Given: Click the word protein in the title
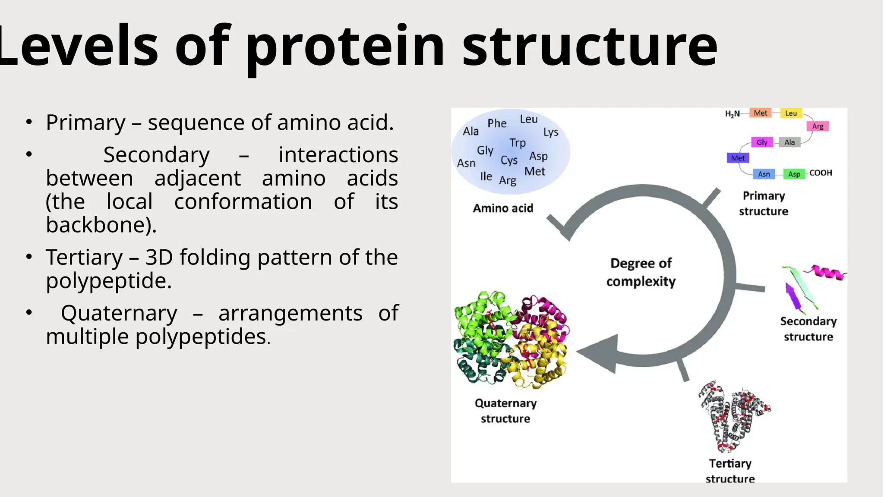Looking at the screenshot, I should point(345,47).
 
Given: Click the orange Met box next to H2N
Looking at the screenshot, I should point(760,113).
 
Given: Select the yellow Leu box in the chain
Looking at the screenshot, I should point(791,113).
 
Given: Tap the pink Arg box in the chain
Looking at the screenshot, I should point(818,126).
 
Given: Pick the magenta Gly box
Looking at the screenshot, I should point(762,142).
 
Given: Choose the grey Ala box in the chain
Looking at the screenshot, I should point(789,142).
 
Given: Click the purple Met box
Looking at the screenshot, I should point(738,158).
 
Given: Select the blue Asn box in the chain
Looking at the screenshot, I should point(764,174).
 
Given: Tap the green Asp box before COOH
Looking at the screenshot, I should point(794,174).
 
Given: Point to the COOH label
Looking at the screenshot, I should point(821,173).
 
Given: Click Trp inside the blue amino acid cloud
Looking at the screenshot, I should point(518,143).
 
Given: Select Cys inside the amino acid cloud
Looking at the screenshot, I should point(509,160).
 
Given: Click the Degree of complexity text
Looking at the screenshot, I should point(641,272).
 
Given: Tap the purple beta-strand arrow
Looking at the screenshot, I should point(793,297).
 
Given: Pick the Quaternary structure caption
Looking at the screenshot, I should point(505,411).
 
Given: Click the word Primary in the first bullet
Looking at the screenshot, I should point(85,123).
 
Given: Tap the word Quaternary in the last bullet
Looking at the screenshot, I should point(119,313).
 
